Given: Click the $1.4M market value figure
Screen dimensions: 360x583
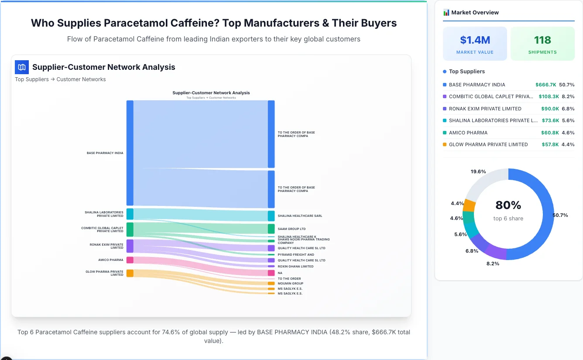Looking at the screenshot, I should [475, 40].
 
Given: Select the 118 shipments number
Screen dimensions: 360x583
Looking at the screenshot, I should [542, 40].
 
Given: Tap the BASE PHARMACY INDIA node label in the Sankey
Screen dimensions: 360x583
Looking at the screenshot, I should [105, 153].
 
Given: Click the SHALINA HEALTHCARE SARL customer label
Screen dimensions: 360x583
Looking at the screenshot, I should [300, 216].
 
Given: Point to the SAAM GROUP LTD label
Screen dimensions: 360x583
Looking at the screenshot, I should [291, 229].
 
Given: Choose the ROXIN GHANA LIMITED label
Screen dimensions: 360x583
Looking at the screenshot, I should [295, 267].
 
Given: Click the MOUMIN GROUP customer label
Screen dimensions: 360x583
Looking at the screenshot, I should [290, 284].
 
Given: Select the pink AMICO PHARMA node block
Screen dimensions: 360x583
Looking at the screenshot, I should [130, 260].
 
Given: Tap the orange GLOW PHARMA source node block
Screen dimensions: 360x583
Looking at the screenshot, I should [130, 273].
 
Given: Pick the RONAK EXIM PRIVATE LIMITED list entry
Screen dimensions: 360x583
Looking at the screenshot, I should [485, 109].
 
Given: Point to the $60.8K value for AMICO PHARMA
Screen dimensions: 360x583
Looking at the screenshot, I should [550, 133].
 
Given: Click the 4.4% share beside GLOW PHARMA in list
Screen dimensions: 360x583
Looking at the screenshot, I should [568, 144].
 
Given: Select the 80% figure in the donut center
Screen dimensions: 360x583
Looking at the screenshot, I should [508, 205].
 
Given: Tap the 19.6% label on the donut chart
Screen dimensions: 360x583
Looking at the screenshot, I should [478, 172].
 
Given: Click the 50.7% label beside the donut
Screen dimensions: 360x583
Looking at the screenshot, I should [560, 215].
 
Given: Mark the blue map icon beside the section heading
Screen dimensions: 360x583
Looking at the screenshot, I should [21, 67].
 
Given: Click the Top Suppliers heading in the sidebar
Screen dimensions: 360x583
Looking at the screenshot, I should [466, 72].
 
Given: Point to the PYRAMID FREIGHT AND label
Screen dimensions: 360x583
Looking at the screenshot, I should [296, 255].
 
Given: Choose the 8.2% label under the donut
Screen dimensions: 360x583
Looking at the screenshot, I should [493, 264].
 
